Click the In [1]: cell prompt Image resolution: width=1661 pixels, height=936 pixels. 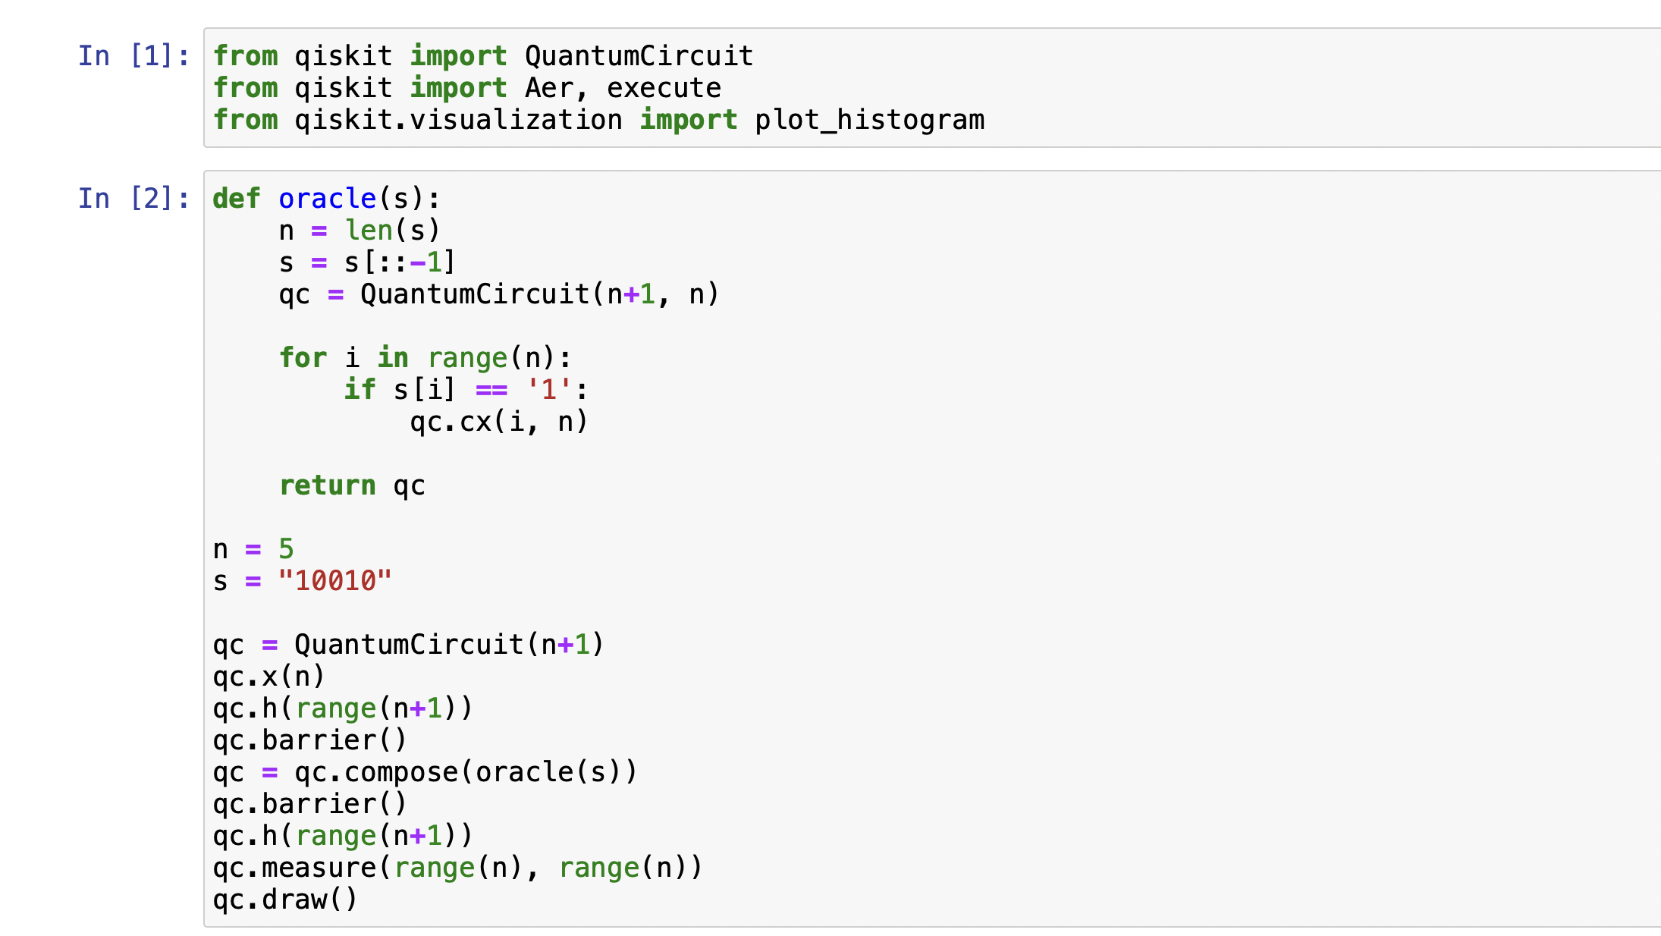coord(133,56)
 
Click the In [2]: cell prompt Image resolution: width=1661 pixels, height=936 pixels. coord(133,199)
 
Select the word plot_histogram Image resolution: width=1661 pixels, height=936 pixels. coord(869,120)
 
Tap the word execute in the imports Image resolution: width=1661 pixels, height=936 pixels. coord(664,88)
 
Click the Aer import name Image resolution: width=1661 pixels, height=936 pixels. coord(549,88)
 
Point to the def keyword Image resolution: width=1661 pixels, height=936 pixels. coord(237,199)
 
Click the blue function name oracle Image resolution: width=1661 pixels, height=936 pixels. coord(327,199)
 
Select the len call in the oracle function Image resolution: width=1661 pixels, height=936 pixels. coord(369,231)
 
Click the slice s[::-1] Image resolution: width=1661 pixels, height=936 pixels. coord(400,262)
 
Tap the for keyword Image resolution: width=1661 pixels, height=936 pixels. coord(303,358)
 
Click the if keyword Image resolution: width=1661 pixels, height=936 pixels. coord(360,390)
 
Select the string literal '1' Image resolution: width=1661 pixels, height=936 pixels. coord(549,390)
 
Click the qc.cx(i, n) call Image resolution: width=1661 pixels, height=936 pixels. coord(499,422)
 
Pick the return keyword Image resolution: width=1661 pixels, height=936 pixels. coord(327,485)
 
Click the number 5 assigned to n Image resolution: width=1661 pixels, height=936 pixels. coord(286,549)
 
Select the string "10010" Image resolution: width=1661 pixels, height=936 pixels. coord(335,581)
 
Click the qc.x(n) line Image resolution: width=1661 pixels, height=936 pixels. coord(269,677)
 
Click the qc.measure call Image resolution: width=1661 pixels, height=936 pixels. coord(294,868)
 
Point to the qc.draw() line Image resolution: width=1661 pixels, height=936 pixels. coord(285,900)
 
